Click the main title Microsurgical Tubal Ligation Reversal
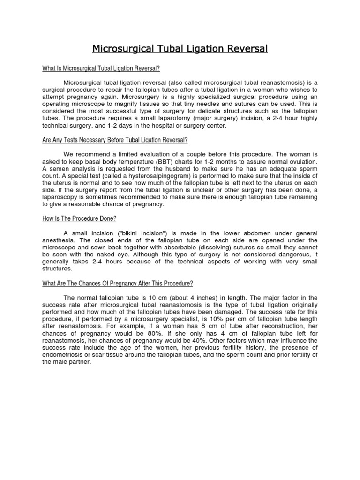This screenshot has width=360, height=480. tap(180, 49)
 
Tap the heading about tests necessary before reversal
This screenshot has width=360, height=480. tap(115, 140)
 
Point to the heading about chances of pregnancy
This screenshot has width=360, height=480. tap(118, 284)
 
